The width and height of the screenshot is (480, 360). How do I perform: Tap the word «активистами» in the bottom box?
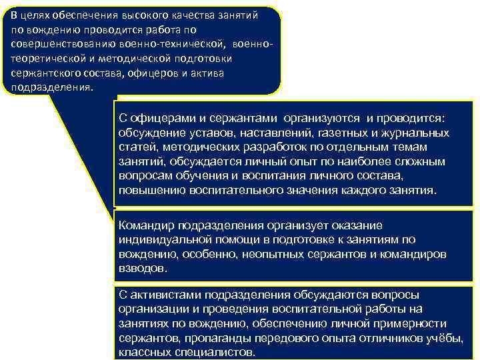163,294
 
